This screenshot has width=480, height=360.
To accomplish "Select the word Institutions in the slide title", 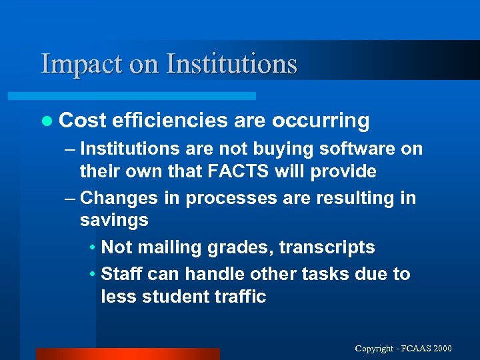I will point(231,64).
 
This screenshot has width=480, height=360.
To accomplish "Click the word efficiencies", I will point(170,121).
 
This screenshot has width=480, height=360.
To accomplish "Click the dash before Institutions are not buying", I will point(72,149).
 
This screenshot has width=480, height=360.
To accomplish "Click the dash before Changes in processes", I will point(72,198).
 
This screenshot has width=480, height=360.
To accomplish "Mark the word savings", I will point(114,221).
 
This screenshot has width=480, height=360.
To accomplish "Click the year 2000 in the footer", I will point(441,348).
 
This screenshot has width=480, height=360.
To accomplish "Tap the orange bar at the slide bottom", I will point(127,353).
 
